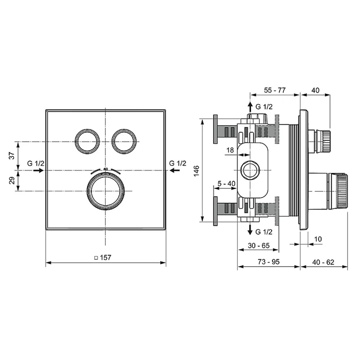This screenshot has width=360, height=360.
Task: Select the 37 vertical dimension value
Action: coord(12,156)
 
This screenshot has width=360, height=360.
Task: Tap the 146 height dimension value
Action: coord(197,171)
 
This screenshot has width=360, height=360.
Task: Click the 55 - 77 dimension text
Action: coord(275,90)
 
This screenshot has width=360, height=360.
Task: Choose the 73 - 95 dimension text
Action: coord(269,262)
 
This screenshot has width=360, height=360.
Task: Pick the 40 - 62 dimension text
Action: coord(323,262)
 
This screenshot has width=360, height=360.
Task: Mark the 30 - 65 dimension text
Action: coord(258,246)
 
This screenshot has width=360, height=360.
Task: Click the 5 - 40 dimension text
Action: coord(226,184)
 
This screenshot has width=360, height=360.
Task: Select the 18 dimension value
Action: coord(230,150)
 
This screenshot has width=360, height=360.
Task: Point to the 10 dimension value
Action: coord(318,239)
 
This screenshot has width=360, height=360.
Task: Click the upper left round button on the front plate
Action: coord(87,141)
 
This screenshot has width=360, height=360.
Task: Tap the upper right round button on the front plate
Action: coord(124,141)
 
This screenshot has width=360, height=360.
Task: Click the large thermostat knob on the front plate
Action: coord(105,191)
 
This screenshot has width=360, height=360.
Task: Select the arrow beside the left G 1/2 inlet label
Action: coord(39,170)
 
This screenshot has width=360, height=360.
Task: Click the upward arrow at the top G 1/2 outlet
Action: coord(250,107)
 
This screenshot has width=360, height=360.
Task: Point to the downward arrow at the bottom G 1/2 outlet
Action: coord(250,229)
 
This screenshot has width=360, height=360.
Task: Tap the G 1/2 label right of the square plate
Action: coord(178,163)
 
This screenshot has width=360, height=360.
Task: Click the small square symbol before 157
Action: coord(96,258)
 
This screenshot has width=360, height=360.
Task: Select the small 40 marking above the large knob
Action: coord(105,169)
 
